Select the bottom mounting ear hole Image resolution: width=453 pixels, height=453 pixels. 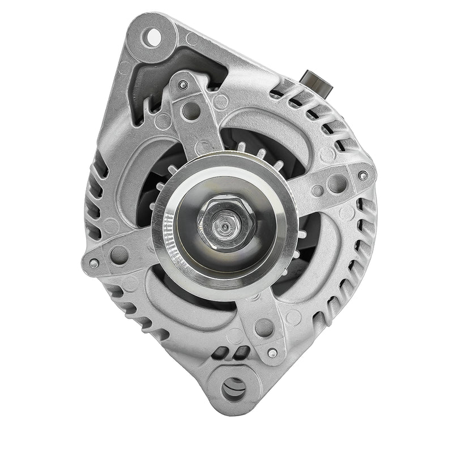click(234, 388)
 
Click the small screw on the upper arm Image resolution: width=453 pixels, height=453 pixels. click(182, 85)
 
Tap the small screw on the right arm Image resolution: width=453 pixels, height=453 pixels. click(363, 175)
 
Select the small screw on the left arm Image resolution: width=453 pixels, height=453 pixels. click(94, 263)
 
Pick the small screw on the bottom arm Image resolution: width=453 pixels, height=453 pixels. click(273, 353)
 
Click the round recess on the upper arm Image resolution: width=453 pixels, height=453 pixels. click(191, 110)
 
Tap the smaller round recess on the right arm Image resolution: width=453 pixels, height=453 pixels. click(319, 191)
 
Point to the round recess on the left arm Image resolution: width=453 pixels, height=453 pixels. click(119, 255)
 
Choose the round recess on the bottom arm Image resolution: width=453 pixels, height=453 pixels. click(263, 327)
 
